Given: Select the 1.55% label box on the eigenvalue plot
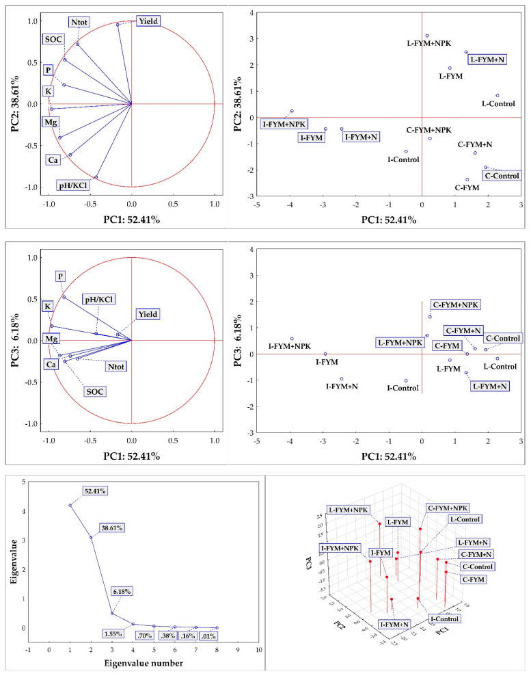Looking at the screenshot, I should (x=114, y=634).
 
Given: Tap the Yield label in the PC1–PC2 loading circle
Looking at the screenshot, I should (x=148, y=21).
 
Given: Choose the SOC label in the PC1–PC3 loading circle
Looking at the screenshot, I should (x=94, y=391).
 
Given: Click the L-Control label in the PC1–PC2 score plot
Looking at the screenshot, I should (x=499, y=104).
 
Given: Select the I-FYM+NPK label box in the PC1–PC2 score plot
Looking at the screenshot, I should (x=284, y=124).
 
